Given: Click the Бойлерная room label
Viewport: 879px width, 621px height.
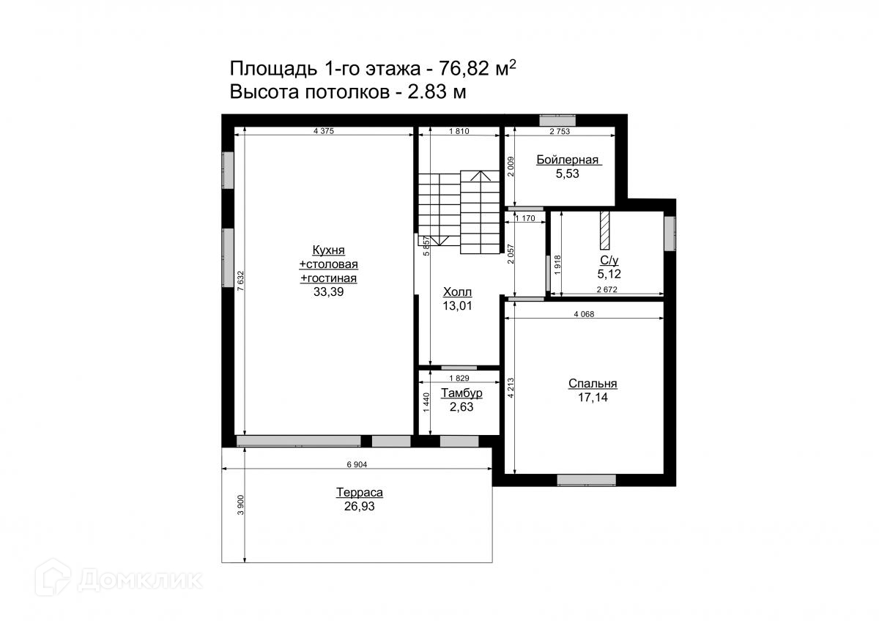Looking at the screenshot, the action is coord(567,160).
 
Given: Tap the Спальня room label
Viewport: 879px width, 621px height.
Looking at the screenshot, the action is coord(593,384).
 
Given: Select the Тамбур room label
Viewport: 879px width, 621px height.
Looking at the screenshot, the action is coord(461,393).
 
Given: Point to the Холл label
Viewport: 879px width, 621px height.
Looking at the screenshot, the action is coord(457,292).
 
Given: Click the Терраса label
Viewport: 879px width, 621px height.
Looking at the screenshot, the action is coord(360,492).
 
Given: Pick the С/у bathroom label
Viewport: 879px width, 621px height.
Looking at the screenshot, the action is coord(609,261).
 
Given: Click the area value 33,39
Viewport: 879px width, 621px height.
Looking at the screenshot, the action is coord(328,292).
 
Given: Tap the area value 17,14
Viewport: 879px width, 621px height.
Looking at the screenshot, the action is coord(593,398).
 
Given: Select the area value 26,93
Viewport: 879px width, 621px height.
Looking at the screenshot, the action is coord(360,507).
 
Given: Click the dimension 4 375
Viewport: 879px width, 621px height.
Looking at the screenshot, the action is coord(324,131).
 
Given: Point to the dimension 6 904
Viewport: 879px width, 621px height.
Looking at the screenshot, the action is coord(357,464).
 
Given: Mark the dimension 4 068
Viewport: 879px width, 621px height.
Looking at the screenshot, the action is coord(584,314).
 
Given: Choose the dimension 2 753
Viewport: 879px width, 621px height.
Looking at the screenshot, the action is coord(560,131).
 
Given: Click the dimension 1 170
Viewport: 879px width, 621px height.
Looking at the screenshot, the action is coord(525,218).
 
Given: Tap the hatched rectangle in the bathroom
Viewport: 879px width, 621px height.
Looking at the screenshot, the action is coord(605,230).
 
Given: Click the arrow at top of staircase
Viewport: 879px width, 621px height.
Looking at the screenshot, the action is coord(481,176).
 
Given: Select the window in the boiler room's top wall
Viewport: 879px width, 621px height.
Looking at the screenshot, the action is coord(557,120).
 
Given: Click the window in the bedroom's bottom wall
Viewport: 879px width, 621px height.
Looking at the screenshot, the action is coord(586,480).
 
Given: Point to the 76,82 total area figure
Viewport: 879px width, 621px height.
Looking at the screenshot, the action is coord(464,69).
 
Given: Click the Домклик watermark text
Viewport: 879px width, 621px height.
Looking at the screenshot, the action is coord(140,580).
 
